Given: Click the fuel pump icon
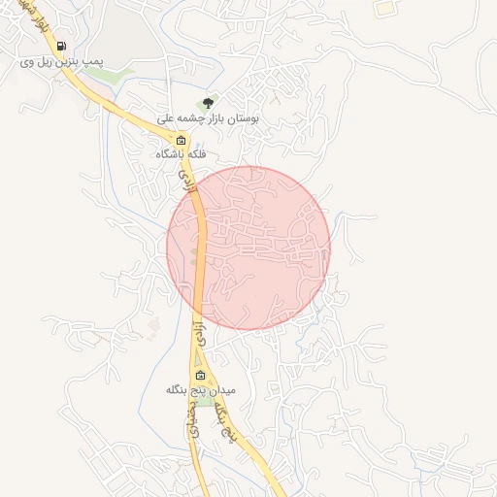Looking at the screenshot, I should tap(62, 46).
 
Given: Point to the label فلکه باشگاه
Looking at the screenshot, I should tap(182, 154).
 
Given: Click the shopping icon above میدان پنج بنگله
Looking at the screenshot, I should tap(200, 375).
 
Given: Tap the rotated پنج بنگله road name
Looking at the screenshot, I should tap(225, 416).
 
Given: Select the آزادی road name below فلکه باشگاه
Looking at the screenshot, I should tap(185, 176).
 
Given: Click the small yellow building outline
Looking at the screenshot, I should tap(386, 8).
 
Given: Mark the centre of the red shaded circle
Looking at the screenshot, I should tap(248, 248).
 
